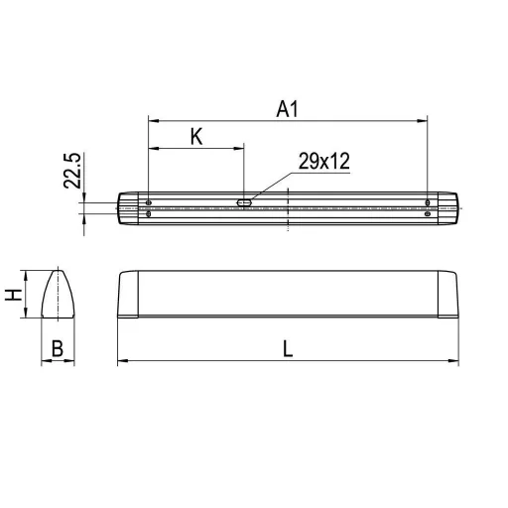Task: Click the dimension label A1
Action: (288, 109)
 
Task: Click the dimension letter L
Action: (288, 348)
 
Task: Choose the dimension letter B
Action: (58, 348)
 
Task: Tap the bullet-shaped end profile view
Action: (58, 294)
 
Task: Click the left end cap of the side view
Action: (127, 294)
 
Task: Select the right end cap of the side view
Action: (448, 294)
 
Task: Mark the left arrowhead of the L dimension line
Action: (121, 361)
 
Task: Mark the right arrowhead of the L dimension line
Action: (454, 361)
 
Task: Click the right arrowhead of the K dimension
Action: (240, 150)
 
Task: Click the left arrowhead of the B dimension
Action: (44, 361)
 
